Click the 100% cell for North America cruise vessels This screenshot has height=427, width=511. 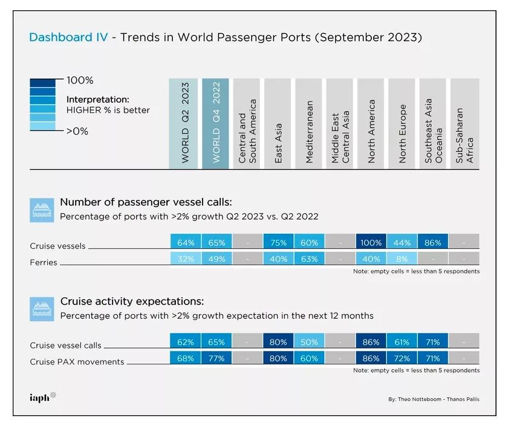point(371,243)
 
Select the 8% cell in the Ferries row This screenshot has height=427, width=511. point(402,259)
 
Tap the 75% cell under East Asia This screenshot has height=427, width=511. point(278,243)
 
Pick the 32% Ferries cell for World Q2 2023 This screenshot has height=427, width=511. point(186,259)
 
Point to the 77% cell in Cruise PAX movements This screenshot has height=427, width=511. point(216,358)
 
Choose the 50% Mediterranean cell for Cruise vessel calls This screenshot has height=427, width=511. point(309,342)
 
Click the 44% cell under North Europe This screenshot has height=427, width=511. point(402,243)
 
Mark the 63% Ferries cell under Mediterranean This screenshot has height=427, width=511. point(309,259)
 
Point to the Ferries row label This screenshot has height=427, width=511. point(44,263)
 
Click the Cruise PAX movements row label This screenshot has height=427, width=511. point(77,362)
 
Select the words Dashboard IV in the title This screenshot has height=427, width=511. point(68,37)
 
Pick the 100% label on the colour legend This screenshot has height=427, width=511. point(80,80)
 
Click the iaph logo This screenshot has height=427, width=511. point(43,397)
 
